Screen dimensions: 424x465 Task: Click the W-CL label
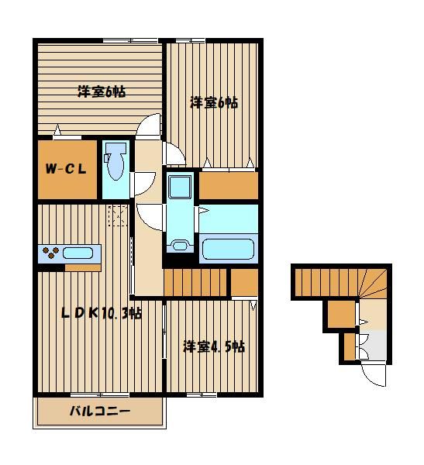[66, 169]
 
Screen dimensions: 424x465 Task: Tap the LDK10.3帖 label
[102, 313]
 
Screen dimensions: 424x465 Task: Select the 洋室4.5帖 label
[214, 346]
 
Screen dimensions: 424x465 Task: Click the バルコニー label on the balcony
[100, 412]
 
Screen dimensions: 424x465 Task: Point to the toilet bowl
[115, 162]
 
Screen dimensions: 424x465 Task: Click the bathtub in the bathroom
[228, 249]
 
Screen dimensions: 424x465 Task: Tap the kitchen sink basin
[78, 253]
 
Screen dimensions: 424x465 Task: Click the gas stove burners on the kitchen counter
[50, 253]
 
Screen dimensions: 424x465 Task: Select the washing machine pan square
[180, 186]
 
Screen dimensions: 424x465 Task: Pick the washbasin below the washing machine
[180, 246]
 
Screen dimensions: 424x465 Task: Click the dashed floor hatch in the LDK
[118, 215]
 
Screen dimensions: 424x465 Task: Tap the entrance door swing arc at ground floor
[374, 376]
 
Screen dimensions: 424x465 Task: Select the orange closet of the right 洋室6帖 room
[228, 186]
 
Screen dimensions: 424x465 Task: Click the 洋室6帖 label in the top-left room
[102, 92]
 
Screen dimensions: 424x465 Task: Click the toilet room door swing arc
[146, 184]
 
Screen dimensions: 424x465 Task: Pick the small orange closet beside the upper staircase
[244, 282]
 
